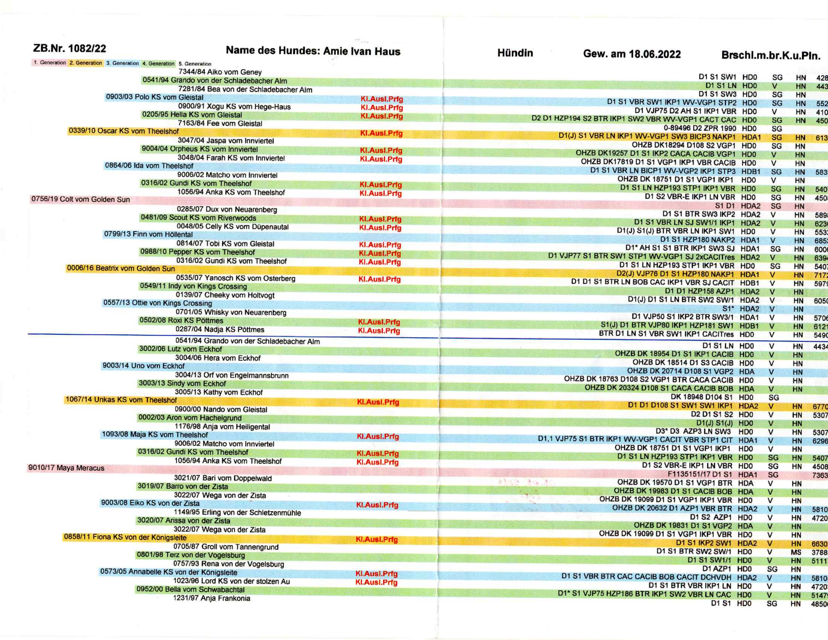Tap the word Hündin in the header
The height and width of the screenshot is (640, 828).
pyautogui.click(x=515, y=53)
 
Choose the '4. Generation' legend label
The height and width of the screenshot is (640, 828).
pyautogui.click(x=159, y=63)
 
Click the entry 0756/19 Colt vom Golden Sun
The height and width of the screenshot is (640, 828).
pyautogui.click(x=80, y=200)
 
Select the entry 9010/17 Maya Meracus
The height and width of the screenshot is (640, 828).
pyautogui.click(x=66, y=468)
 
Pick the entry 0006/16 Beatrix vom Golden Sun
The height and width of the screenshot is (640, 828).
pyautogui.click(x=121, y=269)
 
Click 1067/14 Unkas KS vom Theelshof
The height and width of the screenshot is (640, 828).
pyautogui.click(x=121, y=400)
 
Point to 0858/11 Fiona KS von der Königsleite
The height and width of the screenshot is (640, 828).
pyautogui.click(x=125, y=537)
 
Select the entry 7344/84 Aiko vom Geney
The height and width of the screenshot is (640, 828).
pyautogui.click(x=220, y=72)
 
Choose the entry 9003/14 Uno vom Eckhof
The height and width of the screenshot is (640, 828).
pyautogui.click(x=143, y=366)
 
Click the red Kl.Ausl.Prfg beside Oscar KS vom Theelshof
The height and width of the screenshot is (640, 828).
pyautogui.click(x=381, y=134)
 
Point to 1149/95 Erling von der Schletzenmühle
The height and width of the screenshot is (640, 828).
pyautogui.click(x=237, y=513)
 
